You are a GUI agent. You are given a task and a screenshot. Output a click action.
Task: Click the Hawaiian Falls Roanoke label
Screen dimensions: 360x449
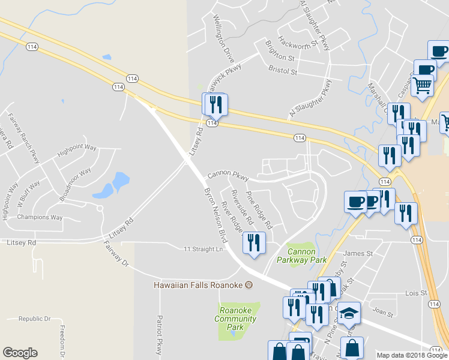click(198, 285)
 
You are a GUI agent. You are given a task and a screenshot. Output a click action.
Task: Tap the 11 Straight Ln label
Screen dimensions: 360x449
click(203, 248)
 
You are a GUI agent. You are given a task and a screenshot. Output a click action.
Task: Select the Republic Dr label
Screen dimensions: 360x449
click(34, 319)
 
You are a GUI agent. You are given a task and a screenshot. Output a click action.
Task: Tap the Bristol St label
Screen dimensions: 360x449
click(283, 71)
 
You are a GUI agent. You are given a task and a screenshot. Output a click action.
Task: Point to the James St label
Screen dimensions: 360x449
click(358, 254)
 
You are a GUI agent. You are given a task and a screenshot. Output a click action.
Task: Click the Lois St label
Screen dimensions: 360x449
click(415, 293)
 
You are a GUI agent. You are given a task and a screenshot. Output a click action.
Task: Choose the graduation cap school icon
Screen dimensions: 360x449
click(349, 312)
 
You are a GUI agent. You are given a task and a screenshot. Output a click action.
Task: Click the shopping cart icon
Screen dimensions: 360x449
click(423, 86)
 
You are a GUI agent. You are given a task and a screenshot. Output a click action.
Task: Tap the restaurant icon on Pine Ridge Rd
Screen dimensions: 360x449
click(253, 242)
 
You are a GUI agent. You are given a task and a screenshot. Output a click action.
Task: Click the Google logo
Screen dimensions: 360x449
click(20, 353)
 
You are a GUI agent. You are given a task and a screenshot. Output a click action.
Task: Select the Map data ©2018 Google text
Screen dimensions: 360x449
click(412, 355)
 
